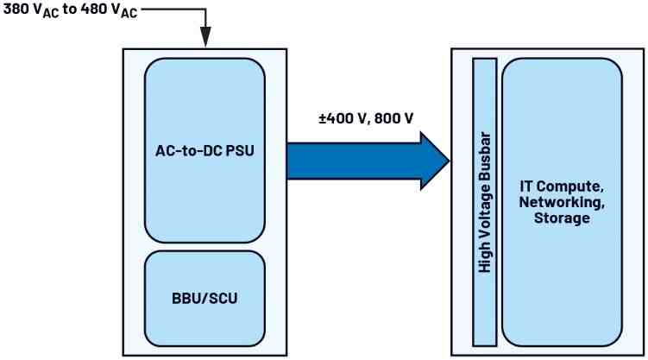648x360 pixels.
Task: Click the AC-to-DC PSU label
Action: point(204,152)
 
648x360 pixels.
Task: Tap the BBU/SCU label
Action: point(204,300)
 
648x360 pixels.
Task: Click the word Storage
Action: point(561,218)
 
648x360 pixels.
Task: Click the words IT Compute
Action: point(561,186)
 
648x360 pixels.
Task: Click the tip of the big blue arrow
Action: point(447,160)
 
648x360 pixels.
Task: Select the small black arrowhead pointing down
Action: point(206,38)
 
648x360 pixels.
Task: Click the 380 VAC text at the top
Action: point(30,13)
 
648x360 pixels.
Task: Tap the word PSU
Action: point(242,152)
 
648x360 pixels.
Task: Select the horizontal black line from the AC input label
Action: point(173,10)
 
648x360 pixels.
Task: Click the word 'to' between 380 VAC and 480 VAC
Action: point(68,13)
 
